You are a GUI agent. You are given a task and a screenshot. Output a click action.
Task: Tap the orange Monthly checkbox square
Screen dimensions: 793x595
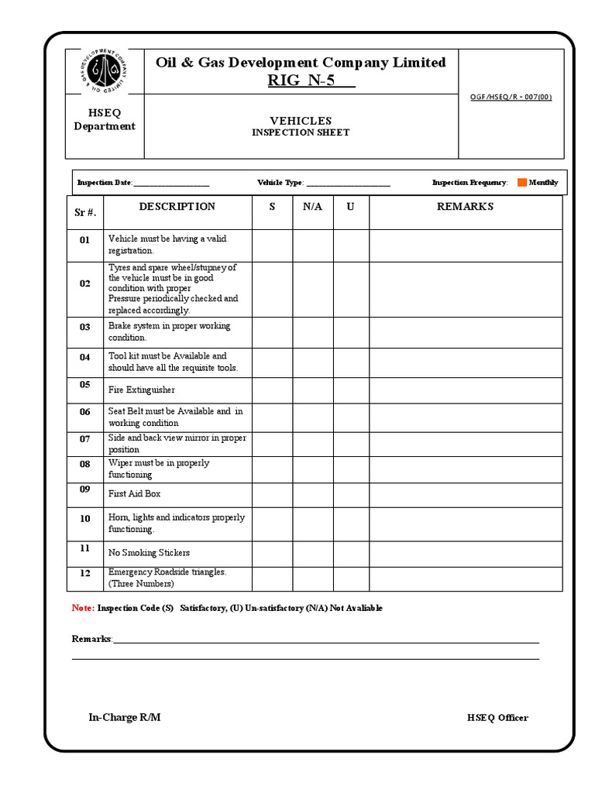pyautogui.click(x=521, y=183)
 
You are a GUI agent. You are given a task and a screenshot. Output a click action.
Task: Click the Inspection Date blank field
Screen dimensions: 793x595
pyautogui.click(x=171, y=184)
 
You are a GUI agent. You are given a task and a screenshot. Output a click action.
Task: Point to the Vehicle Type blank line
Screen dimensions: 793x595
pyautogui.click(x=348, y=184)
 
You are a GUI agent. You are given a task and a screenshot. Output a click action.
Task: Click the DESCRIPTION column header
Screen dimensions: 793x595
pyautogui.click(x=177, y=207)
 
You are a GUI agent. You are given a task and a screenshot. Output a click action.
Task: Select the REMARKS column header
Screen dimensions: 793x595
pyautogui.click(x=465, y=207)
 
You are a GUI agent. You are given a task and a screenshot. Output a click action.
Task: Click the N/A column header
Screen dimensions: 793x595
pyautogui.click(x=312, y=207)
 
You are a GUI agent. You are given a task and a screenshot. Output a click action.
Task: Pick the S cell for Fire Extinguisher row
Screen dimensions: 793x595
pyautogui.click(x=271, y=390)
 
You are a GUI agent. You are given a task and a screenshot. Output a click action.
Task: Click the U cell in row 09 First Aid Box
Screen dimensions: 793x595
pyautogui.click(x=351, y=493)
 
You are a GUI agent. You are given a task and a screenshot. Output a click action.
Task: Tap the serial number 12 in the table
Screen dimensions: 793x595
pyautogui.click(x=85, y=573)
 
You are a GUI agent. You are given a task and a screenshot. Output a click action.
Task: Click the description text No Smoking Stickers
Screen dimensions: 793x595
pyautogui.click(x=149, y=553)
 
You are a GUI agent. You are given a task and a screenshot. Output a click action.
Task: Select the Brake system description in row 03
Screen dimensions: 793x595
pyautogui.click(x=169, y=331)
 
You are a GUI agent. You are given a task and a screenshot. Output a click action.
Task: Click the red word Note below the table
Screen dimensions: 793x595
pyautogui.click(x=82, y=608)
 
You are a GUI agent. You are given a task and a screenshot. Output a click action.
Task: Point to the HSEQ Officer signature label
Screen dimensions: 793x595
pyautogui.click(x=497, y=718)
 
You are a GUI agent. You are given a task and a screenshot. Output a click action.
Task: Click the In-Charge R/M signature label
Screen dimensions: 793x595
pyautogui.click(x=125, y=717)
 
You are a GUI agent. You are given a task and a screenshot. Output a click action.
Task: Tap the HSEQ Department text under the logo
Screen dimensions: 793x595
pyautogui.click(x=104, y=120)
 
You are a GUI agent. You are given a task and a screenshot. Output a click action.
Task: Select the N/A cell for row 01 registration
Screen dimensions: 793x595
pyautogui.click(x=312, y=245)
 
